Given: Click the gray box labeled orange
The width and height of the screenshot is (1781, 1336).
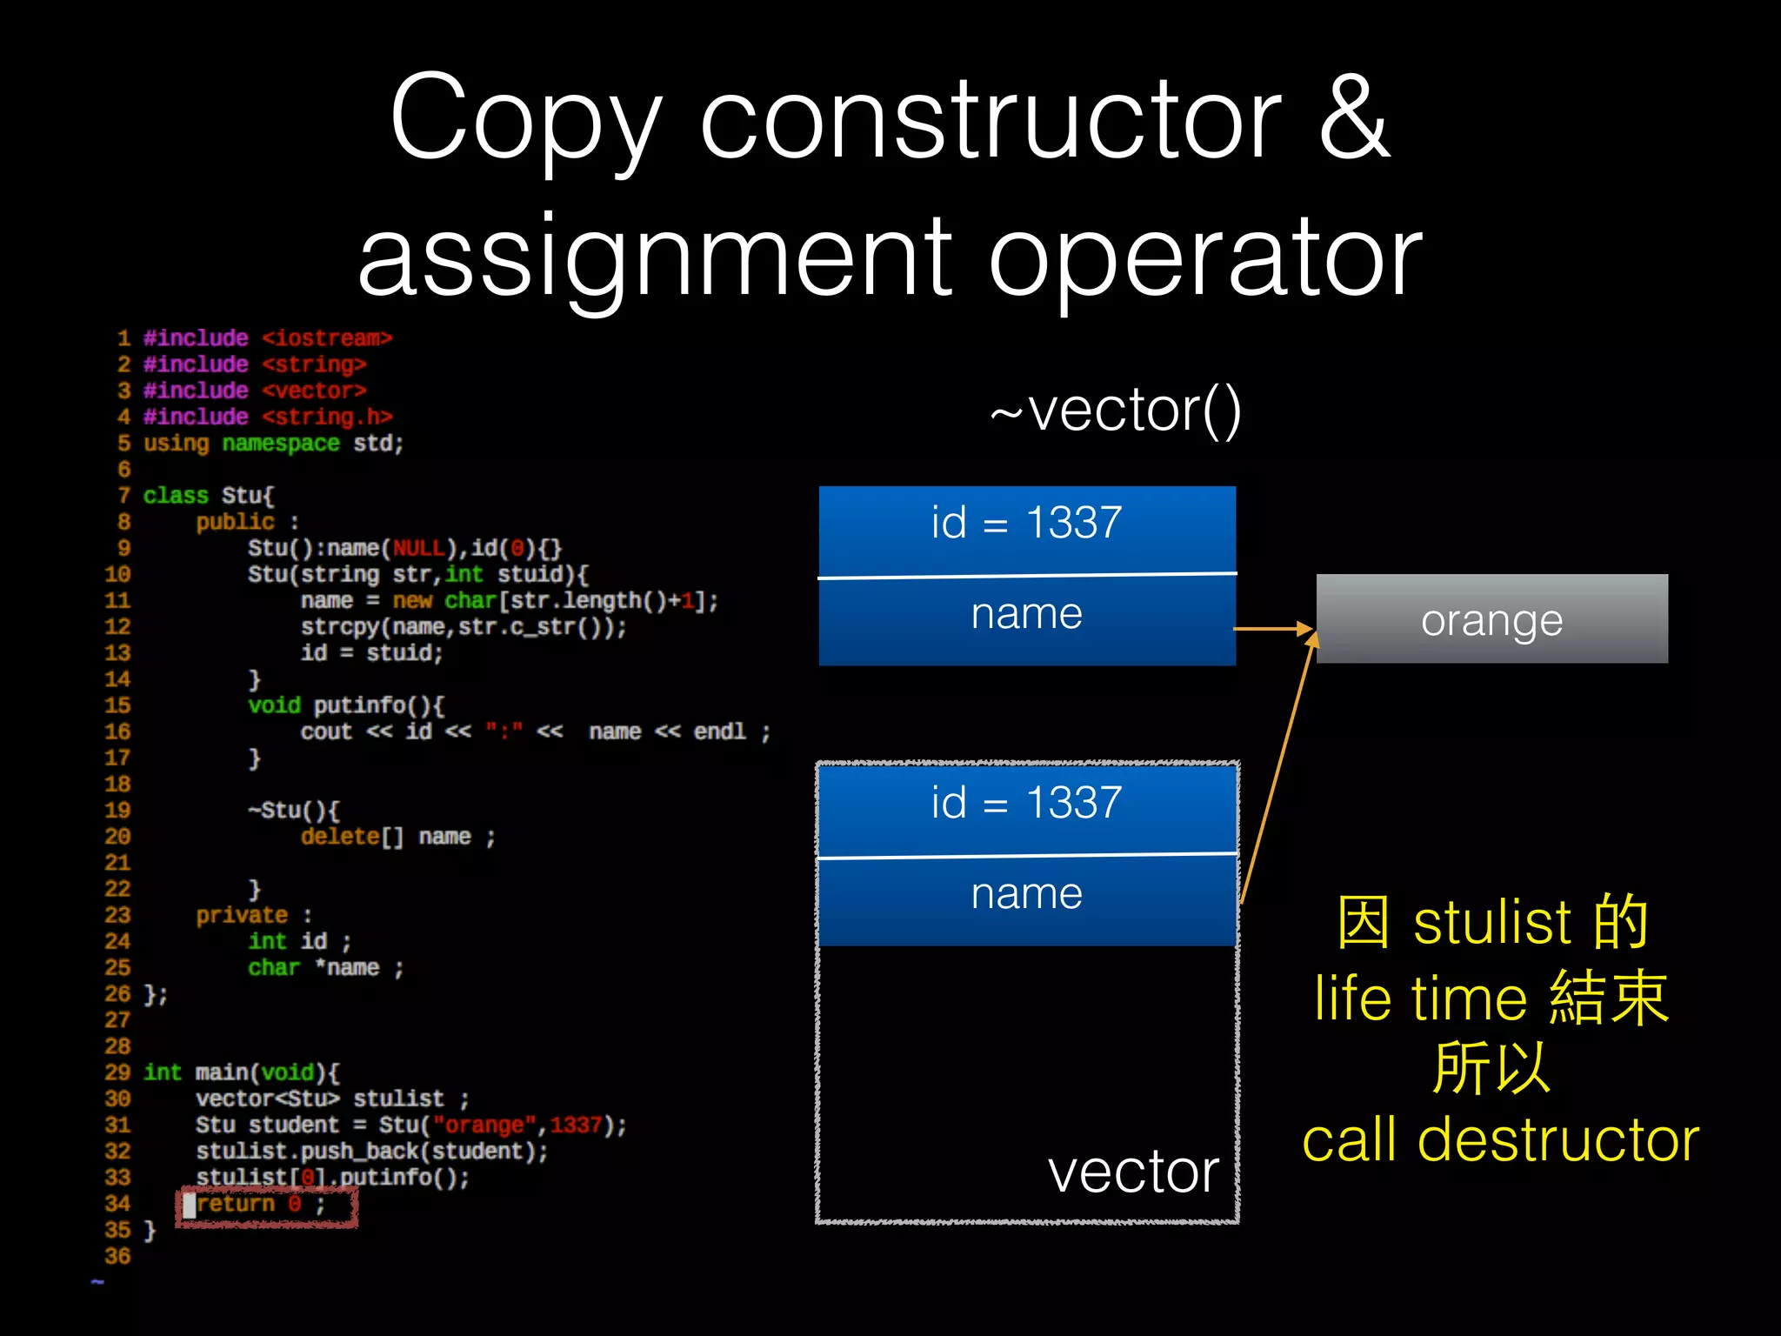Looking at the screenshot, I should (x=1491, y=619).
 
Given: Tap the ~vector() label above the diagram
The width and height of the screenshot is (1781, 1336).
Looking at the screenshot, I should (x=1116, y=411).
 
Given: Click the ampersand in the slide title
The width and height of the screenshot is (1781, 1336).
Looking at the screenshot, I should (x=1354, y=117).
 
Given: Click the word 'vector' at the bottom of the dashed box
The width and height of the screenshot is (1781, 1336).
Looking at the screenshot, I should (x=1133, y=1172).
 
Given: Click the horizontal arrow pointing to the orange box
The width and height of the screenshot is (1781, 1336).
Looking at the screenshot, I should (x=1273, y=628).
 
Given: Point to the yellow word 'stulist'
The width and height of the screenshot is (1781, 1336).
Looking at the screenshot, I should (x=1492, y=922).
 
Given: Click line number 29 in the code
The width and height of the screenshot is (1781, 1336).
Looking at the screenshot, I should (x=117, y=1072).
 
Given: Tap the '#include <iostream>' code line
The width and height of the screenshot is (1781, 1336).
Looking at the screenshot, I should (x=268, y=337).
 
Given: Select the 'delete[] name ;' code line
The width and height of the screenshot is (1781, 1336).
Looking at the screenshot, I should (x=397, y=837).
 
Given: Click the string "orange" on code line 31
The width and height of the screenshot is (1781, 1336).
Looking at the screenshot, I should (x=483, y=1125).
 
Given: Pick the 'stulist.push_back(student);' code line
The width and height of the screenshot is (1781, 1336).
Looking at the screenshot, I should (x=371, y=1151).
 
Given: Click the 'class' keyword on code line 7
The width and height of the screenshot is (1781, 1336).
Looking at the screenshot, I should (x=176, y=496).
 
